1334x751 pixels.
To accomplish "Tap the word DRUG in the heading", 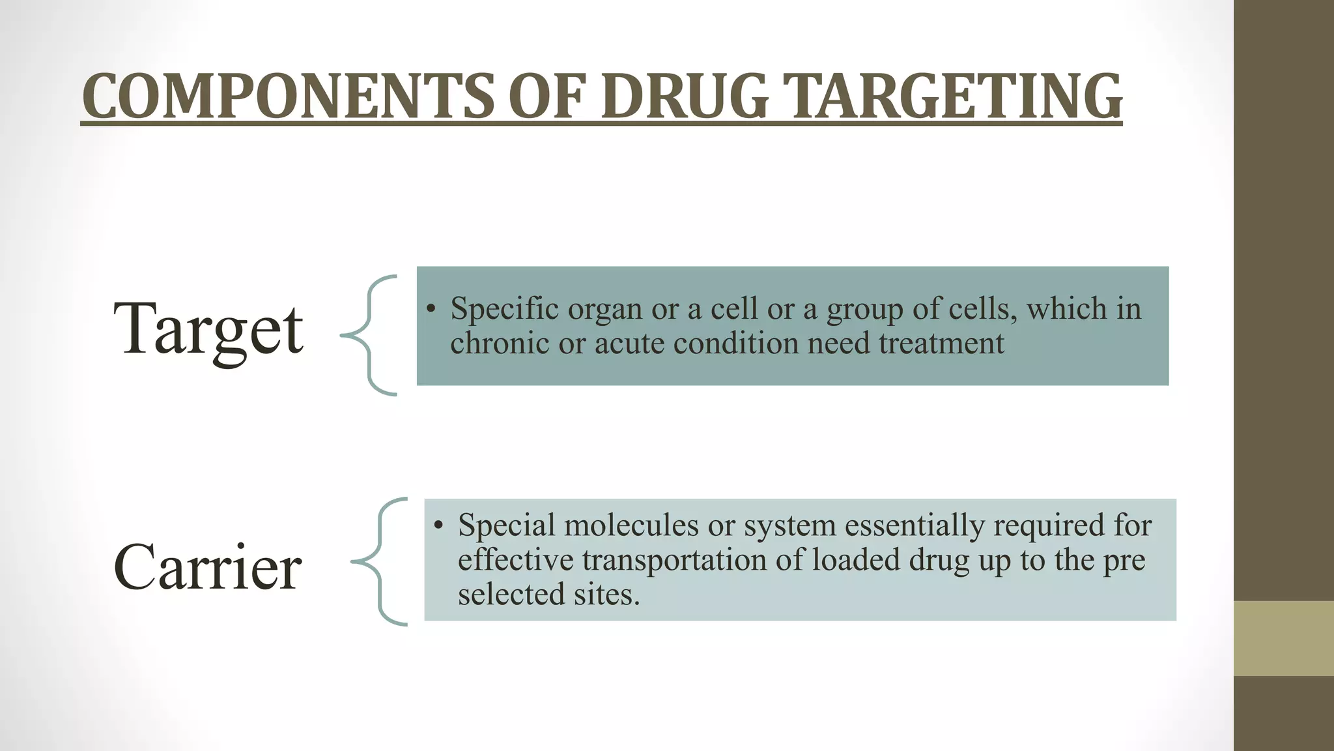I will point(685,96).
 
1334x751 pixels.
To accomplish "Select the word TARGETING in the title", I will point(956,96).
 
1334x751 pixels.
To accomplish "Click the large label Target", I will point(208,329).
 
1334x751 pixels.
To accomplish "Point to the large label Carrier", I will point(207,567).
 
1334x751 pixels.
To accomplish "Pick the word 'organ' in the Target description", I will point(605,309).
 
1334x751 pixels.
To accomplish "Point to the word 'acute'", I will point(629,343).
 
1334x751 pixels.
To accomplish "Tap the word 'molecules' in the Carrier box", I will point(631,525).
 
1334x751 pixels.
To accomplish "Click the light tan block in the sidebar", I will point(1284,638).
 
